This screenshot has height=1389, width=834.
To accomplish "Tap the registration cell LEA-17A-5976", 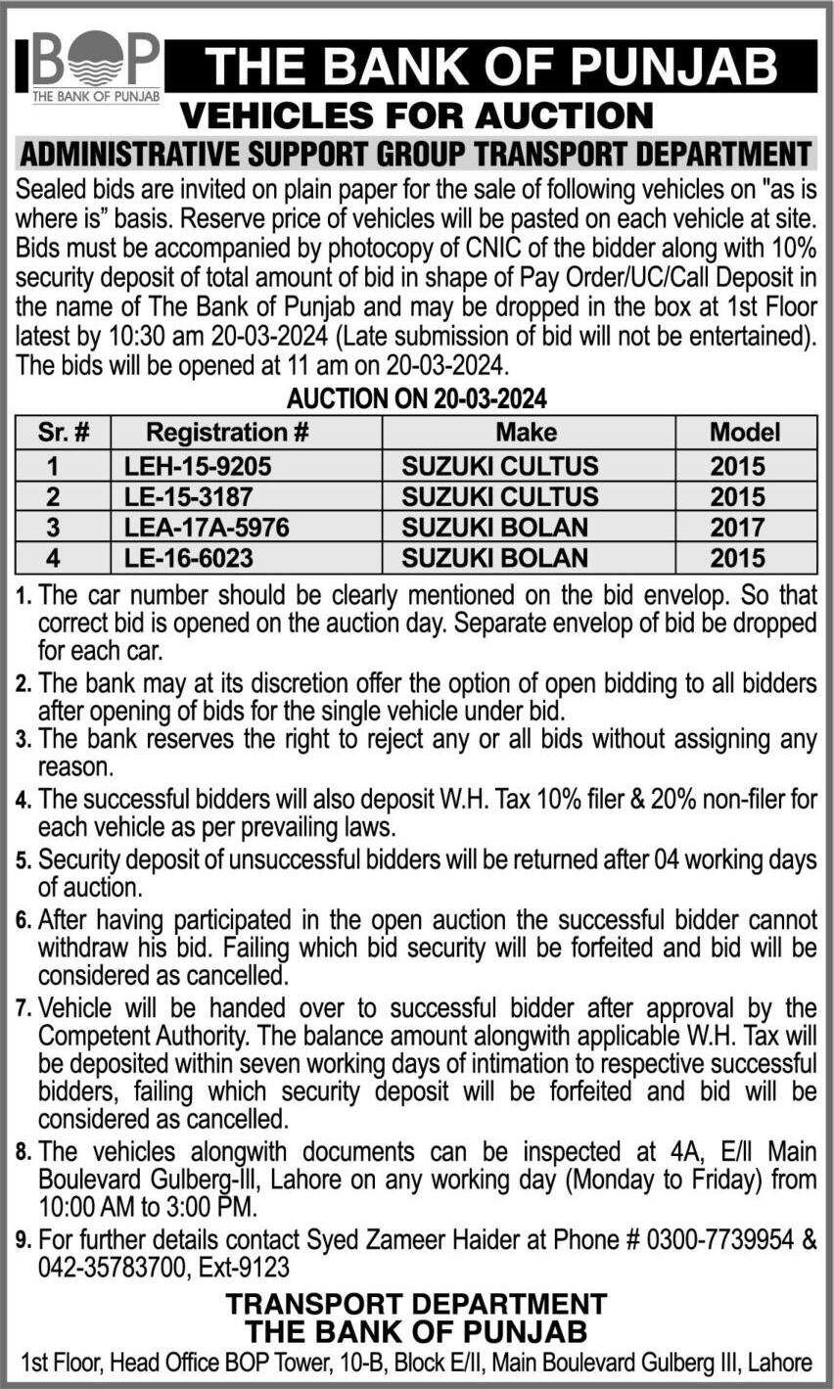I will [x=207, y=527].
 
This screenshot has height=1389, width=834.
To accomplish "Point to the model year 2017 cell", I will [x=738, y=527].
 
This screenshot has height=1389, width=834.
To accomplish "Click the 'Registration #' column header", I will [x=227, y=432].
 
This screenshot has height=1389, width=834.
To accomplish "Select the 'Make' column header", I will [x=526, y=432].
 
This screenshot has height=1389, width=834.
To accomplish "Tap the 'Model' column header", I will [x=745, y=432].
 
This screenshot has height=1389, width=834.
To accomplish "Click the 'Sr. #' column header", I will [x=64, y=432].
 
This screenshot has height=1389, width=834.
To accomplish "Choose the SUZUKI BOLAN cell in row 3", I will [x=495, y=527].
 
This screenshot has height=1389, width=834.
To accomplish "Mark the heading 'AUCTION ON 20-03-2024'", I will [x=416, y=399].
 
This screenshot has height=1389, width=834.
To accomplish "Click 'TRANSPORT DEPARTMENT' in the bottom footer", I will [x=416, y=1304].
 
